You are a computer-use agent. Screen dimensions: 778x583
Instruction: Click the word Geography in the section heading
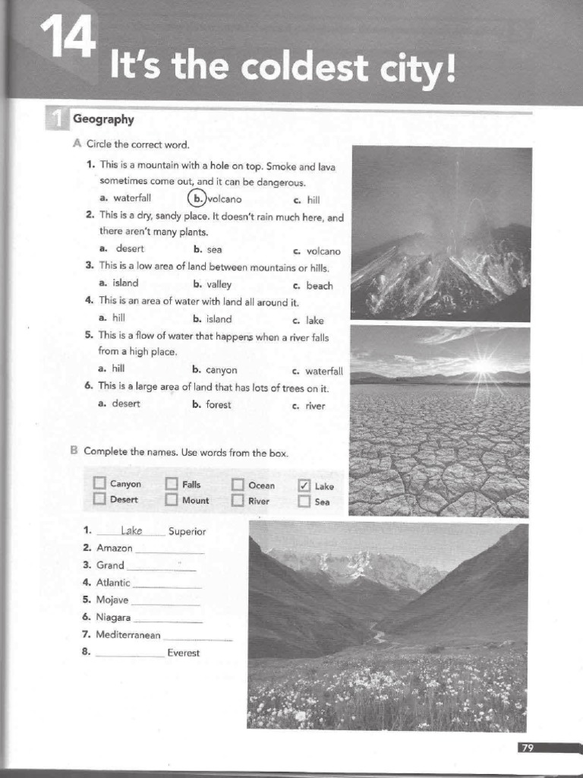point(103,119)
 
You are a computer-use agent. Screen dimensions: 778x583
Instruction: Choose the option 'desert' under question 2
point(130,248)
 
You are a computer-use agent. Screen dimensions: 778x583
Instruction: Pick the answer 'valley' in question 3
point(219,284)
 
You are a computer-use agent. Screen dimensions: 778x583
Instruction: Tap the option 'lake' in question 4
point(314,321)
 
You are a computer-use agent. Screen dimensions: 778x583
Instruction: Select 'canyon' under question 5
point(222,370)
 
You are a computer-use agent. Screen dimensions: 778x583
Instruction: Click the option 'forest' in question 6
point(219,404)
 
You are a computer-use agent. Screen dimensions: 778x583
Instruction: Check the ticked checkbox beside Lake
point(304,485)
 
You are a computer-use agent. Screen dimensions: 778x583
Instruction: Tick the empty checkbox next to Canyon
point(99,484)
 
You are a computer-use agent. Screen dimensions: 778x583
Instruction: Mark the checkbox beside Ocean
point(238,485)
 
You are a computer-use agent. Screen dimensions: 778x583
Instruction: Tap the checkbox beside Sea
point(304,501)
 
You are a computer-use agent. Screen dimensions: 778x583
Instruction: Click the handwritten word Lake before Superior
point(131,530)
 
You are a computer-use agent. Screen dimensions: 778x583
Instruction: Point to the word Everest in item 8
point(184,653)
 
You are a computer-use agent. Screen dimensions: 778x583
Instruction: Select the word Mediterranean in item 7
point(128,634)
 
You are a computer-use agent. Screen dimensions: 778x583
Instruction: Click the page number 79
point(527,748)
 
